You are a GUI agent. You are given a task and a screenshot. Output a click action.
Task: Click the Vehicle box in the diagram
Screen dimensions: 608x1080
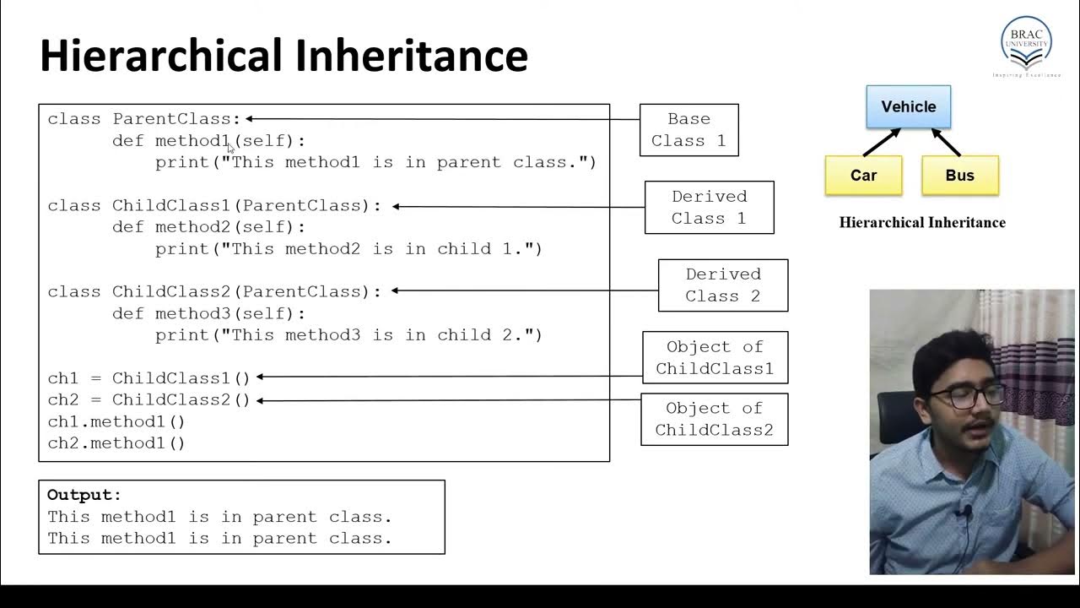[908, 106]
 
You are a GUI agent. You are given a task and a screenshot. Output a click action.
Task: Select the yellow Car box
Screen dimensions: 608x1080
[863, 176]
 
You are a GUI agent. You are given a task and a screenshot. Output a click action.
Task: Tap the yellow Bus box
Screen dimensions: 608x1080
[959, 176]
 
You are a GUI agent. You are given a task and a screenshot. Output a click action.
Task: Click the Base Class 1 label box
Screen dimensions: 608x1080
[688, 130]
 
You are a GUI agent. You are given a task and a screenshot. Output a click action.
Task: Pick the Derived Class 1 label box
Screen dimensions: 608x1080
[709, 207]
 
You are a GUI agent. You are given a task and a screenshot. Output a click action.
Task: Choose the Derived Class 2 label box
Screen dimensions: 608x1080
[722, 285]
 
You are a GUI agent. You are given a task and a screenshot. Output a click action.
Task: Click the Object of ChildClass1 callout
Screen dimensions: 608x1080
[715, 357]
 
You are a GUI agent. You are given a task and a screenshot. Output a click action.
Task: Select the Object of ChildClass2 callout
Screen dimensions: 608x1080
[714, 419]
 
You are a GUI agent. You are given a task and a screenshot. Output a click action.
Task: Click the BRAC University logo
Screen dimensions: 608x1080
[1025, 44]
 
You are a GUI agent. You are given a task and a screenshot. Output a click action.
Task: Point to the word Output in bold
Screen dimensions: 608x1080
[84, 495]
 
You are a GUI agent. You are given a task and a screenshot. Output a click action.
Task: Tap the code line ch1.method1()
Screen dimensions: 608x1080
[116, 421]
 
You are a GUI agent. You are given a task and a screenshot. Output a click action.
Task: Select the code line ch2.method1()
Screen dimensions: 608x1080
[116, 442]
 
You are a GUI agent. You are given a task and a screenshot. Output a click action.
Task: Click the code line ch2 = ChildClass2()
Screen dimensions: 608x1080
[149, 399]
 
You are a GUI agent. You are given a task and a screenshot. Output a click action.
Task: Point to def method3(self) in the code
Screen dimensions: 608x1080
[209, 313]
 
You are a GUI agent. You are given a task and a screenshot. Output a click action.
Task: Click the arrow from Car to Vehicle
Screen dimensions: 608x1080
[880, 141]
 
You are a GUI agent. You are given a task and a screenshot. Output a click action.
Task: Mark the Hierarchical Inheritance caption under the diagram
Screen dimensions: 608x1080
[922, 223]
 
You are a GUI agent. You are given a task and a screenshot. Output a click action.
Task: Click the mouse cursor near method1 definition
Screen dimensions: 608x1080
[231, 148]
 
